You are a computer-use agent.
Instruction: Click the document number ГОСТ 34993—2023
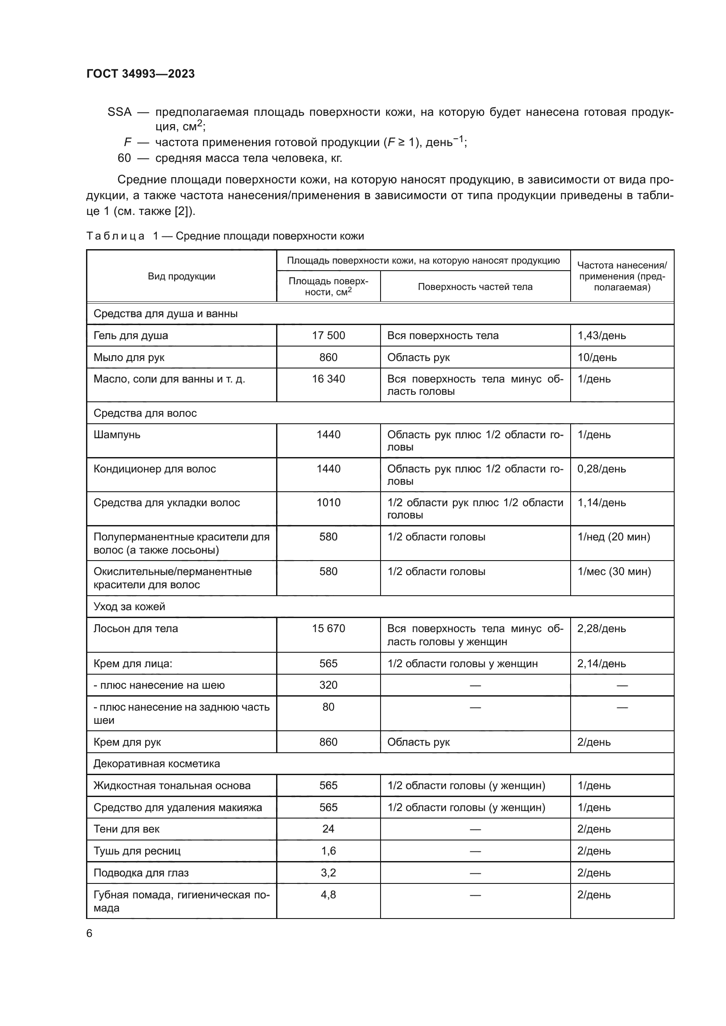pos(140,74)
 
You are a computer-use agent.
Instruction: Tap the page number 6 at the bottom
pos(90,933)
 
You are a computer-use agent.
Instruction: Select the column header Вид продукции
pos(182,276)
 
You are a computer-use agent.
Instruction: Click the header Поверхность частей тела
pos(475,287)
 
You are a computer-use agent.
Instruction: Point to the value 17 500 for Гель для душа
pos(328,336)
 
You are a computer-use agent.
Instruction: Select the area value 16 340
pos(328,379)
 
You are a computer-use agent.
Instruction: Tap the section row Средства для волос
pos(145,413)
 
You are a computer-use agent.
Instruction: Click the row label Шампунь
pos(117,435)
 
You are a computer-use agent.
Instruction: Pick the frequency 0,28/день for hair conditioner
pos(601,469)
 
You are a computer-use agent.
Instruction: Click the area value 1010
pos(328,503)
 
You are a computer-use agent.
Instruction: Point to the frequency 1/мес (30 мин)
pos(614,572)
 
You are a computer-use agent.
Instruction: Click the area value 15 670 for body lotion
pos(328,629)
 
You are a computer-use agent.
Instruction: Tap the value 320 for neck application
pos(328,685)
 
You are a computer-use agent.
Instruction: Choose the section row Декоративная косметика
pos(156,764)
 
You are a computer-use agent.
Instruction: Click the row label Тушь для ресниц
pos(137,851)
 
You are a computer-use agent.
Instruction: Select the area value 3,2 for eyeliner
pos(328,873)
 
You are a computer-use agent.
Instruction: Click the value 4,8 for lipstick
pos(328,894)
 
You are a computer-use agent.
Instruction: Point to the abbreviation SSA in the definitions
pos(119,112)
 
